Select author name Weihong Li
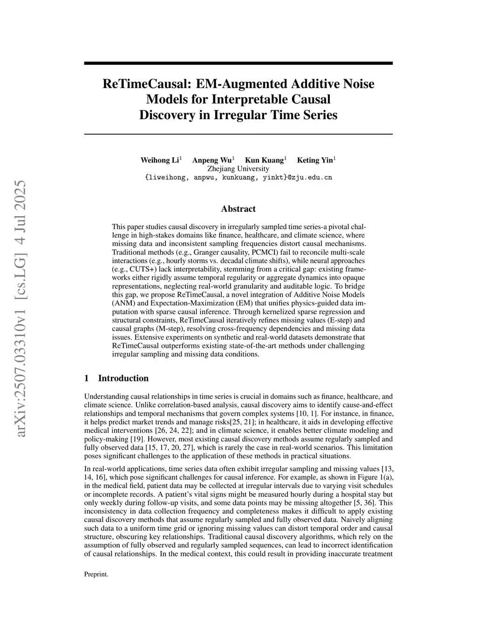[x=160, y=160]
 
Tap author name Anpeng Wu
[x=212, y=160]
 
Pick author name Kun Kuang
[x=264, y=160]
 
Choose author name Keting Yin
[x=315, y=160]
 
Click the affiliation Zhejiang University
[x=238, y=169]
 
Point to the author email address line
[x=238, y=177]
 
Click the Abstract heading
[x=238, y=209]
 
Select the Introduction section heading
[x=123, y=378]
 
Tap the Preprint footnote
[x=96, y=574]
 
